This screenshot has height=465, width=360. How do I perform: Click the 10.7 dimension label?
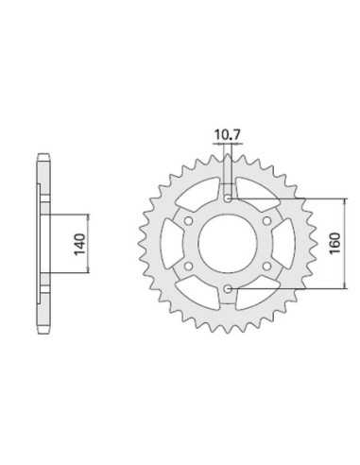pos(227,135)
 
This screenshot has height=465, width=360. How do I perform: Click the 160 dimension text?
pos(334,243)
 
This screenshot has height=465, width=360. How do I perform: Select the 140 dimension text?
pos(79,244)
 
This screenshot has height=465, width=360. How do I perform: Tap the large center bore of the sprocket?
pos(228,243)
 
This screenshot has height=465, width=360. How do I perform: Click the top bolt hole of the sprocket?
pos(228,198)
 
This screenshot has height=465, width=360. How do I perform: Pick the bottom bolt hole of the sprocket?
pos(228,288)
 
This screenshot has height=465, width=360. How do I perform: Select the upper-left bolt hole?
pos(189,221)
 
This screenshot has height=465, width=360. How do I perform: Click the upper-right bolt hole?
pos(267,221)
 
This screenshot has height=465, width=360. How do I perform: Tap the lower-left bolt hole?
pos(189,267)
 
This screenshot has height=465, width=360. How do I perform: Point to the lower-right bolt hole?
pos(267,267)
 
